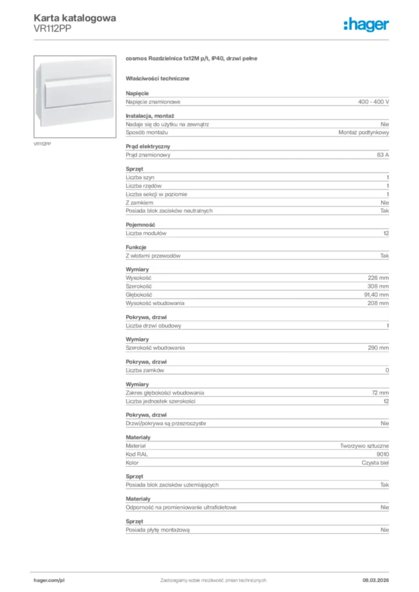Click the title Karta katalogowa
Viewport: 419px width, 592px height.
click(x=75, y=18)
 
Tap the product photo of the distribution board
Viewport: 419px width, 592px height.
click(x=75, y=95)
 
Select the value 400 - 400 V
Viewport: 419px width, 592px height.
click(x=373, y=102)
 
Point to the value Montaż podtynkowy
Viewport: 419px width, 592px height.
click(x=363, y=132)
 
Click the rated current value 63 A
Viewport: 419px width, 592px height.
click(x=383, y=155)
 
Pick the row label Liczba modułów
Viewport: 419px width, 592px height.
click(x=146, y=233)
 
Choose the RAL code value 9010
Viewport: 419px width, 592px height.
click(x=383, y=454)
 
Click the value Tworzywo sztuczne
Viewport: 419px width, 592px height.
click(x=365, y=446)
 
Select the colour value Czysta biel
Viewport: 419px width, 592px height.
click(x=372, y=462)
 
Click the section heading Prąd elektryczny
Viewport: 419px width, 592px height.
click(x=148, y=147)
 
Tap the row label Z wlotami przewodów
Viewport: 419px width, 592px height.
click(x=154, y=256)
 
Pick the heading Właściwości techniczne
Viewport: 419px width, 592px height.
click(x=157, y=78)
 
